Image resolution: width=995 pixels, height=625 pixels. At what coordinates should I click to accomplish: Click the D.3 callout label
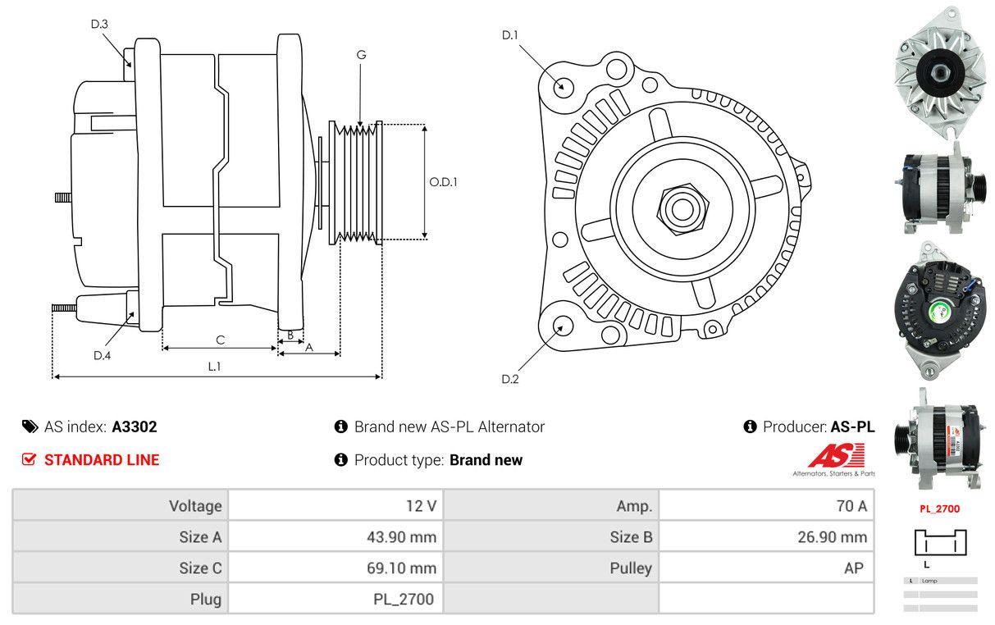pos(99,25)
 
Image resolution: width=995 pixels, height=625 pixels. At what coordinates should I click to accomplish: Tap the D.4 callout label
pos(102,355)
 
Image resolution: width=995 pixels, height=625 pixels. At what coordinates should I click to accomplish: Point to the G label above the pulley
pos(361,55)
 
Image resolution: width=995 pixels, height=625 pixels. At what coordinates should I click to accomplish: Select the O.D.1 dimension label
pos(443,182)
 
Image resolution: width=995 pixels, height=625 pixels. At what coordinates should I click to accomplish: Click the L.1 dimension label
pos(213,367)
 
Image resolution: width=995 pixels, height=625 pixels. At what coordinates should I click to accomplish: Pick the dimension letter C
pos(220,340)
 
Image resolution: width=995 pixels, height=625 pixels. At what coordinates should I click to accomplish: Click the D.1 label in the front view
pos(510,35)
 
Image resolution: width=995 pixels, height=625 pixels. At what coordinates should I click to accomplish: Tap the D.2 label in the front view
pos(510,379)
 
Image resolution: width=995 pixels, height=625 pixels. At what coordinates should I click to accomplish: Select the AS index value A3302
pos(135,427)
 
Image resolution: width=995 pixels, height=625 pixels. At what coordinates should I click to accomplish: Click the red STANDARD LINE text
pos(102,460)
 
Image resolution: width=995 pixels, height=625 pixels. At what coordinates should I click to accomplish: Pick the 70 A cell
pos(851,506)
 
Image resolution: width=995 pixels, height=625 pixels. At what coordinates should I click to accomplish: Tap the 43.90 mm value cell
pos(401,537)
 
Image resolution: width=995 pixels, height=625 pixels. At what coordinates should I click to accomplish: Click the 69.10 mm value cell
pos(401,568)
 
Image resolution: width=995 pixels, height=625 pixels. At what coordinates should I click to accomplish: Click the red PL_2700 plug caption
pos(939,509)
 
